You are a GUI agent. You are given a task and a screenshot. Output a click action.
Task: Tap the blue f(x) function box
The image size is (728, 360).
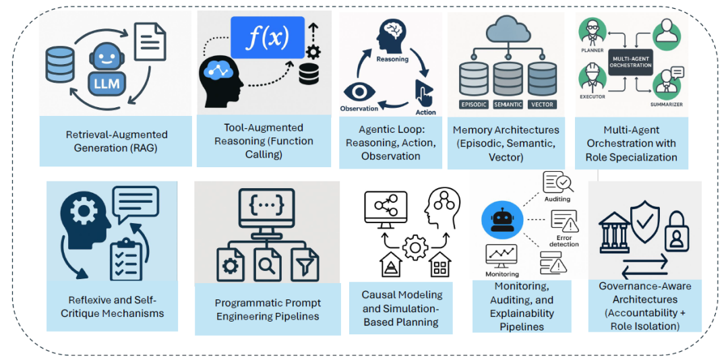(268, 38)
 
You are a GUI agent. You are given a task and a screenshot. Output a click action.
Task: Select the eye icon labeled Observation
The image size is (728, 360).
(358, 92)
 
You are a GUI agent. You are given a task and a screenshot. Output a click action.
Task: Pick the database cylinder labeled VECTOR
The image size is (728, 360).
(543, 81)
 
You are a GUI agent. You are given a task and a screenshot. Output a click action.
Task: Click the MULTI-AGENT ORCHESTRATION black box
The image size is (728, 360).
(631, 62)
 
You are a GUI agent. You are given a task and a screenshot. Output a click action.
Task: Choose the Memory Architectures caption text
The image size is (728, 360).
(506, 143)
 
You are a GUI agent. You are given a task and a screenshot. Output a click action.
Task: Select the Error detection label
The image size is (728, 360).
(564, 240)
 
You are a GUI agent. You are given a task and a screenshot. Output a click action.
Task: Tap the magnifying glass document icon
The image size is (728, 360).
(267, 265)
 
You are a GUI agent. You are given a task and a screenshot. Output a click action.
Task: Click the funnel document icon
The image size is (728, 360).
(304, 265)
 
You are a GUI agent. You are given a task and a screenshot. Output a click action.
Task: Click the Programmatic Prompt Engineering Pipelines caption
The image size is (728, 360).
(268, 309)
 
